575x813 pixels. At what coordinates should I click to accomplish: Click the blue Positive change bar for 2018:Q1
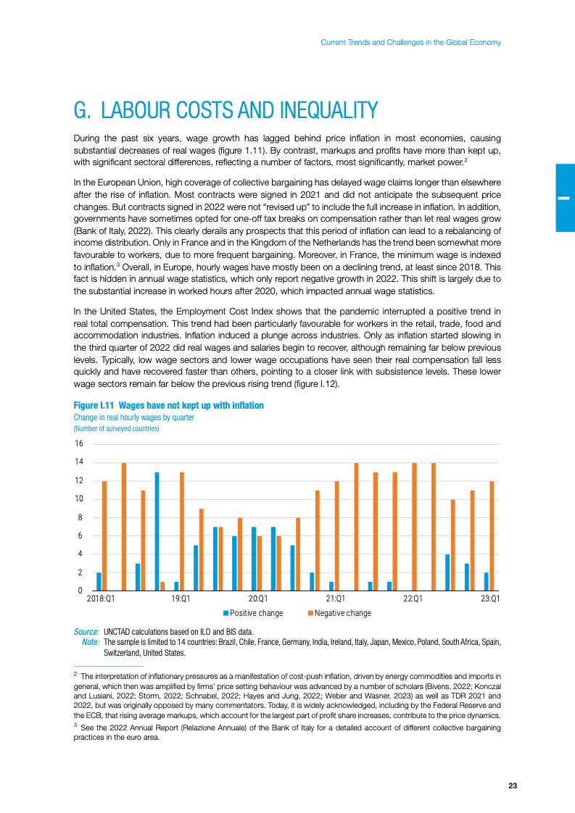tap(99, 581)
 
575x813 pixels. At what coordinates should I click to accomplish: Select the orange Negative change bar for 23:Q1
tap(492, 536)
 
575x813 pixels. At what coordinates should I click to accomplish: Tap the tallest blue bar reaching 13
tap(157, 531)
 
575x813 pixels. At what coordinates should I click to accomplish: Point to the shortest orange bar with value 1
tap(162, 585)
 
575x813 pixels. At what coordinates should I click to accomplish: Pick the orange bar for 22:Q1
tap(414, 527)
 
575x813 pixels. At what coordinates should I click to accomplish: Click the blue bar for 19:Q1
tap(176, 585)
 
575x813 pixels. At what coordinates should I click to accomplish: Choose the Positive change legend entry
tap(252, 613)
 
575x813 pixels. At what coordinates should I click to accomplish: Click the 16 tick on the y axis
tap(80, 443)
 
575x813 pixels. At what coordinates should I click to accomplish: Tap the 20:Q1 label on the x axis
tap(259, 600)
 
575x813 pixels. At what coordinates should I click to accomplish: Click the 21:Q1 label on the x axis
tap(335, 600)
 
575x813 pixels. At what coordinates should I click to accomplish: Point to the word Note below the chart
tap(91, 642)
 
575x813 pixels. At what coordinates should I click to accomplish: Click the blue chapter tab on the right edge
tap(565, 197)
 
